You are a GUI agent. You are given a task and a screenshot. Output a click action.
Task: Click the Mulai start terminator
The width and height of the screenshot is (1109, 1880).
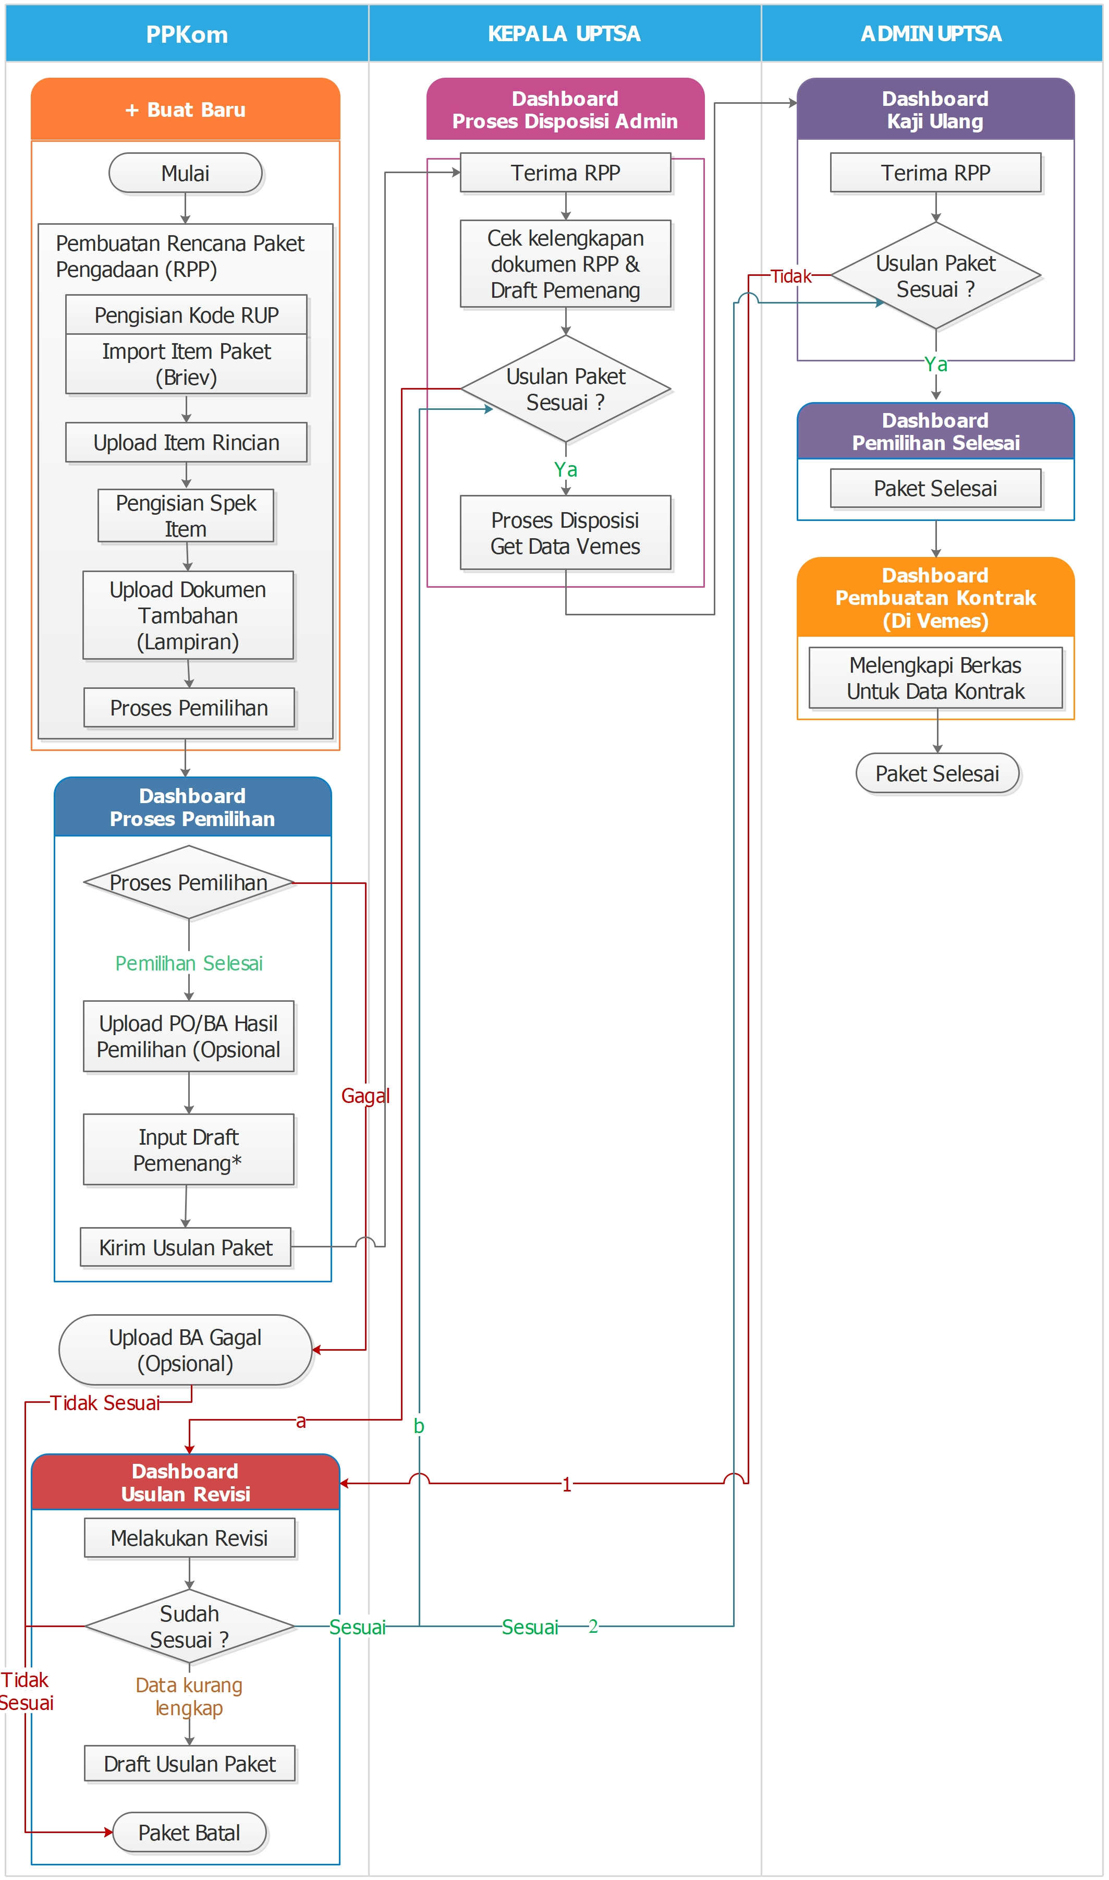(x=185, y=173)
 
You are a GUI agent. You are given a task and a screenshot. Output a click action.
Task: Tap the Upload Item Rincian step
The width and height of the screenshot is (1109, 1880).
(x=186, y=442)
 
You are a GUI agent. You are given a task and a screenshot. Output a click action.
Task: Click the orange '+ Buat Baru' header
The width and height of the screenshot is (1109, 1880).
(x=185, y=110)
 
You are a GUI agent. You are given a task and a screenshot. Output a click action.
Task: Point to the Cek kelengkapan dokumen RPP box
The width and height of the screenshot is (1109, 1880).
(x=566, y=264)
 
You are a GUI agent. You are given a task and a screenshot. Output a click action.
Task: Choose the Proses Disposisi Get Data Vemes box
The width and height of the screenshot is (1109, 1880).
(x=566, y=533)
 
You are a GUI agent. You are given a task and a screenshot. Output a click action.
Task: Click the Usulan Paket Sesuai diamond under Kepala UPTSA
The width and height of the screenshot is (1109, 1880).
(x=566, y=389)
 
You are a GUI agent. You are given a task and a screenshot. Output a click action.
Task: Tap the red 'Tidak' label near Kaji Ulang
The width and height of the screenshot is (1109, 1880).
(x=790, y=276)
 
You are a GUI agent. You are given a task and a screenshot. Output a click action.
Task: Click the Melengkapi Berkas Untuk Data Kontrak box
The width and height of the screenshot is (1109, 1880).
(x=935, y=678)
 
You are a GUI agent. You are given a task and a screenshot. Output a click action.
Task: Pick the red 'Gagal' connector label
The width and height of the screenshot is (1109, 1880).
(x=365, y=1096)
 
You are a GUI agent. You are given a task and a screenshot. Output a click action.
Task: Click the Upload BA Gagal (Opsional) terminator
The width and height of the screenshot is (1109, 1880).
(x=185, y=1350)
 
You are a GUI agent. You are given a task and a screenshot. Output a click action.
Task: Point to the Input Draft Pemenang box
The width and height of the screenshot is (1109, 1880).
(x=188, y=1150)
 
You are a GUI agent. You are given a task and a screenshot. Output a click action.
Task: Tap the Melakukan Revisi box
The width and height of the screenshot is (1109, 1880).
(x=189, y=1538)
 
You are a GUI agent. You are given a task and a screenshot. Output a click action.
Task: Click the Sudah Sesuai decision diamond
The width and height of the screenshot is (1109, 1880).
(x=190, y=1626)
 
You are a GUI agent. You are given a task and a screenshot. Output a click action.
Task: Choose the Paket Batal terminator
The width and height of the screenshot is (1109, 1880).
(x=189, y=1832)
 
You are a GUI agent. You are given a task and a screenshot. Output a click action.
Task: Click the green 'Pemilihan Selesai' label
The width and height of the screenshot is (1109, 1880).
(x=189, y=963)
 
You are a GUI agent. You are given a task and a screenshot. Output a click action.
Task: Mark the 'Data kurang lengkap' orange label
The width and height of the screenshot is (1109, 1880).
(x=189, y=1696)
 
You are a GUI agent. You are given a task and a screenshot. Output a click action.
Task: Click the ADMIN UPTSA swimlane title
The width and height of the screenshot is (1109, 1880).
(x=931, y=33)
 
